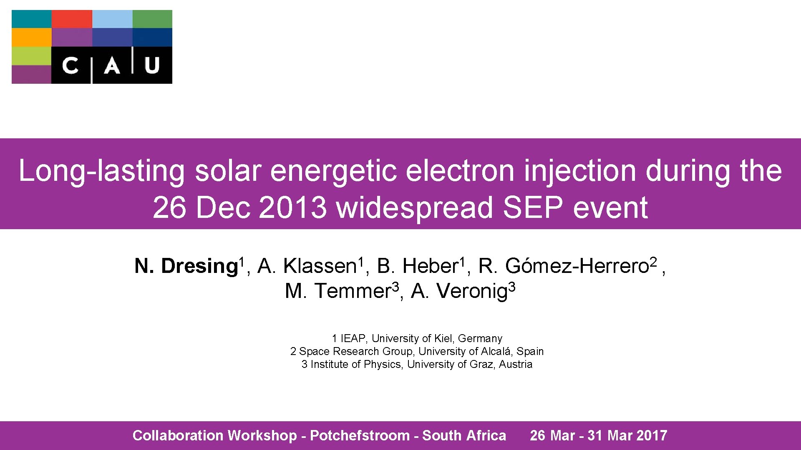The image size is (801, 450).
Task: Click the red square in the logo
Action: pos(72,19)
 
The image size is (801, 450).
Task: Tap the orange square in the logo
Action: pos(31,37)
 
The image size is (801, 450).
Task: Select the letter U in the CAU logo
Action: pos(152,65)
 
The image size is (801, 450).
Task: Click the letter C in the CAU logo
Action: pos(70,65)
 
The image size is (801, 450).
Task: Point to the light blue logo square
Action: pos(112,19)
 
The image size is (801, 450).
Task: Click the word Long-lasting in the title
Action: pos(101,171)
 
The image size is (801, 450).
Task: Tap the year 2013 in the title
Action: pos(292,207)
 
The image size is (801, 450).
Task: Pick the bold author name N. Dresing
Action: pos(186,266)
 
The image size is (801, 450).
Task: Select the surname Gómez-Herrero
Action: pos(577,266)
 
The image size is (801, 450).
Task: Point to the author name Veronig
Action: pos(471,291)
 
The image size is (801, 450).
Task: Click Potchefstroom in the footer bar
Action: pos(360,435)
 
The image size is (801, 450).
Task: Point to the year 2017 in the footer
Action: pos(652,435)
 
